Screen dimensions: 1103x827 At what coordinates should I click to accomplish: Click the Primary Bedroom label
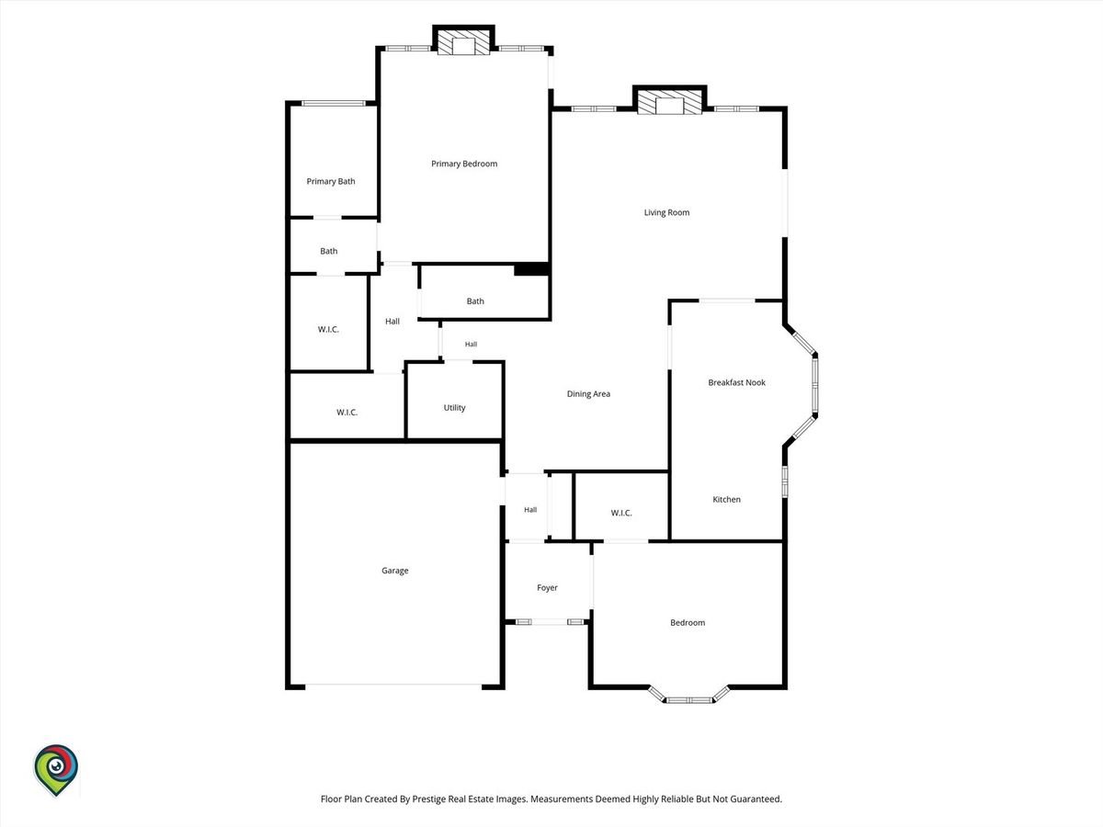(x=464, y=164)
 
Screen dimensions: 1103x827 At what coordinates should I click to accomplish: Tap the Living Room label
(x=666, y=212)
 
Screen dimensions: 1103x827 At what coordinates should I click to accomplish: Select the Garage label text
(x=394, y=571)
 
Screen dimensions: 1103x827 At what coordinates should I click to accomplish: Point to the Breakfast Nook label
(x=736, y=382)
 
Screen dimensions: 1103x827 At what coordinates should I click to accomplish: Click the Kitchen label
(x=726, y=499)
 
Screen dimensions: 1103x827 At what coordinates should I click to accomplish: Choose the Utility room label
(x=454, y=408)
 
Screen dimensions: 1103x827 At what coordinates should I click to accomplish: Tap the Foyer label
(x=547, y=587)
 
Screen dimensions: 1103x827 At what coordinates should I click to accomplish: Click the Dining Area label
(x=588, y=394)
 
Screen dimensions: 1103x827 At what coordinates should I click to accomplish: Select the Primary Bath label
(x=331, y=181)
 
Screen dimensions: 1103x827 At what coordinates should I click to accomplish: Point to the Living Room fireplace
(x=669, y=102)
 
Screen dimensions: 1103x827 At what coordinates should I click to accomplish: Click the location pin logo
(x=56, y=770)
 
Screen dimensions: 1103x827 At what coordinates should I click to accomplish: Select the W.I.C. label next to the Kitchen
(x=621, y=513)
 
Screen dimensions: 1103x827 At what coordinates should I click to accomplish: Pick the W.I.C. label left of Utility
(x=347, y=413)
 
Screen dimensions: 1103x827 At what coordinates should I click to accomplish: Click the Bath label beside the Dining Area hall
(x=475, y=301)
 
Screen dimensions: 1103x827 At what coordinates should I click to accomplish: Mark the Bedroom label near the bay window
(x=688, y=623)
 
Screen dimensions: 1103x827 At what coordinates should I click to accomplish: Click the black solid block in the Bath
(x=530, y=269)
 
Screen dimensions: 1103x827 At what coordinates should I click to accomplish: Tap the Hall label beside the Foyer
(x=530, y=510)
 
